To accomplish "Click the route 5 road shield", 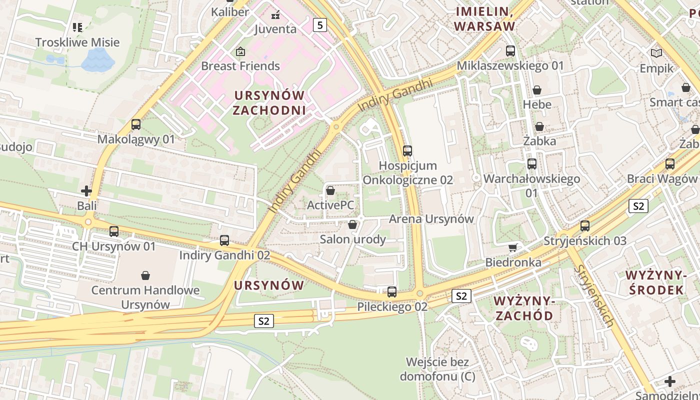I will tap(320, 24).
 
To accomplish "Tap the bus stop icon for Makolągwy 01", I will tap(136, 124).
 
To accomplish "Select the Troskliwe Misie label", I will tap(77, 42).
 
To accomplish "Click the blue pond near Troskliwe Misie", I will tap(97, 60).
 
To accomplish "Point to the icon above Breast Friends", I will tap(240, 51).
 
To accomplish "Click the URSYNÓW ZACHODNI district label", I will tap(269, 102).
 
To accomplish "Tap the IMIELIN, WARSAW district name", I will tap(484, 19).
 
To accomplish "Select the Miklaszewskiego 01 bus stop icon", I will tap(510, 51).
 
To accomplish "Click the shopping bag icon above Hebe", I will tap(537, 90).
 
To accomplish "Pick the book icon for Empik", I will tap(656, 53).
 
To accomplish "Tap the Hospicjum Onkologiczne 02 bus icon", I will tap(407, 150).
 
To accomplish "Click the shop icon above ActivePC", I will tap(330, 190).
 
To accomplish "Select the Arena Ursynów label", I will tap(431, 219).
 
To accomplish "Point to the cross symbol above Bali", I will tap(86, 191).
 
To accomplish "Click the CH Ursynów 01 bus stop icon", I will tap(114, 231).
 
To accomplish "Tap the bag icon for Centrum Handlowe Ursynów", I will tap(145, 275).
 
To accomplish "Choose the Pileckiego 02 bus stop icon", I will tap(392, 292).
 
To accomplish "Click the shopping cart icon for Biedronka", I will tap(513, 247).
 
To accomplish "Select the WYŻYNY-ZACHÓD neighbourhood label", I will tap(523, 308).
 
